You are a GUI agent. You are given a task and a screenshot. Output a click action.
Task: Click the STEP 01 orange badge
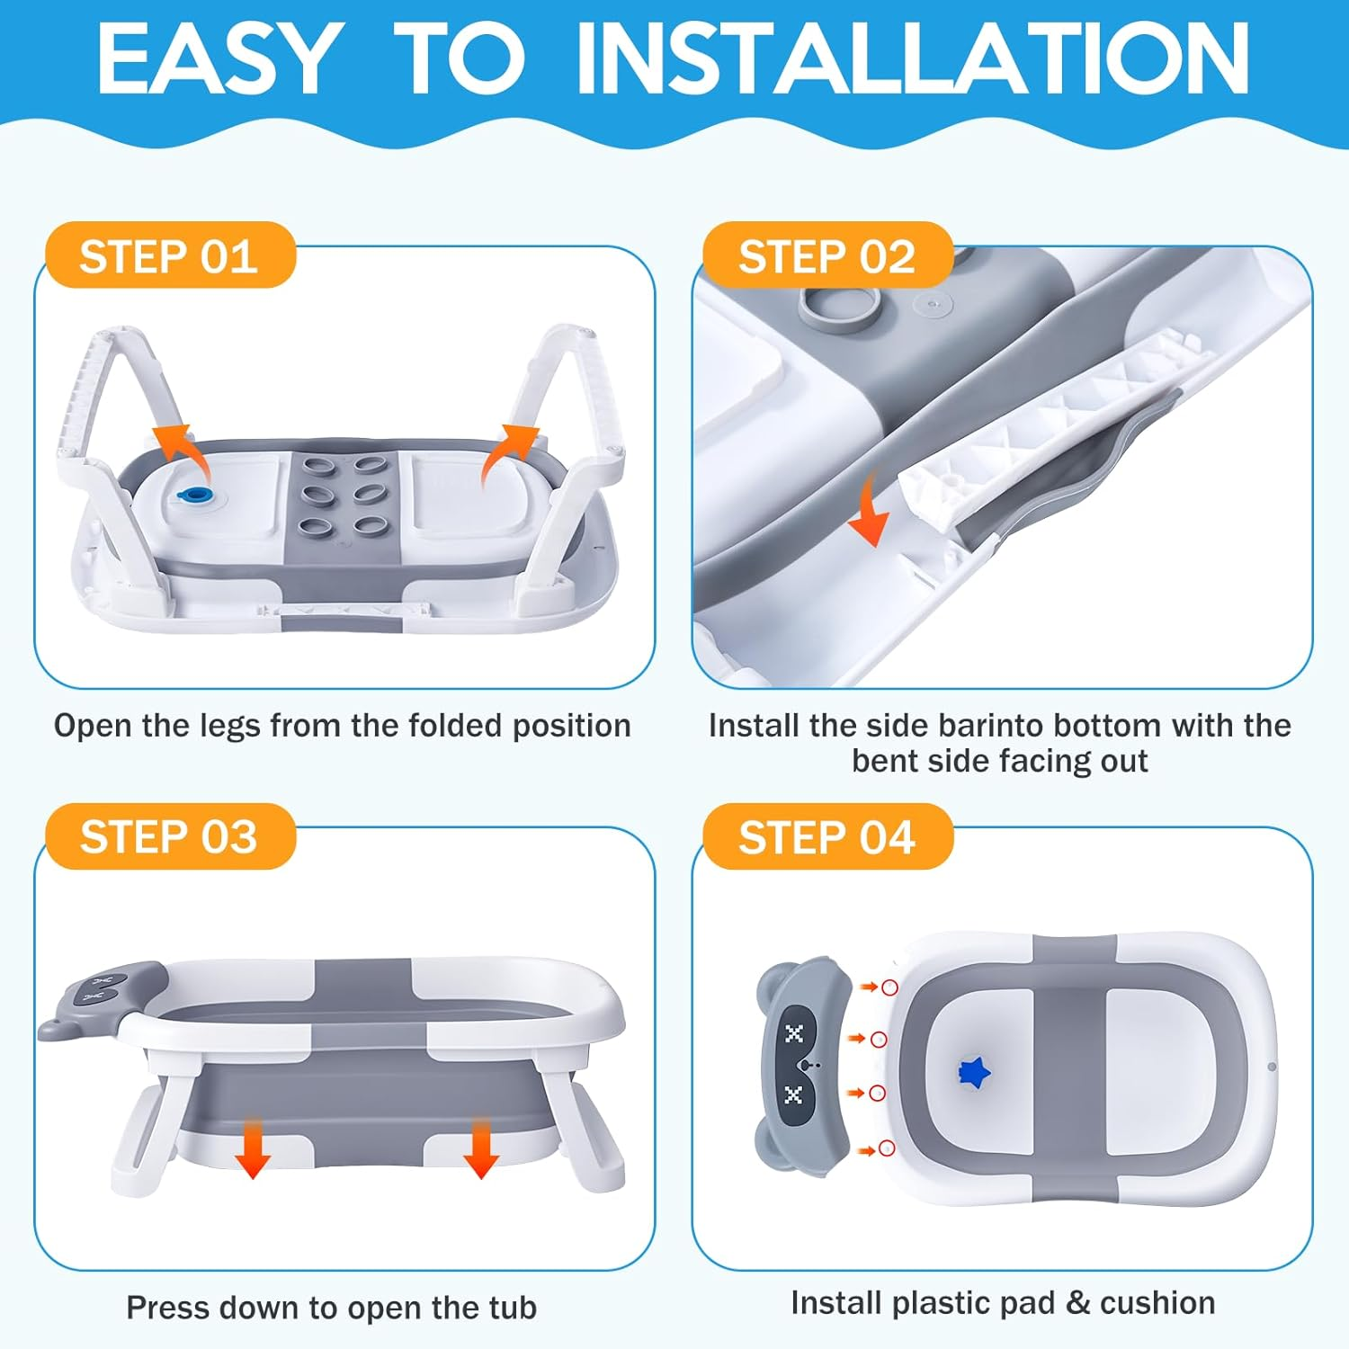tap(170, 255)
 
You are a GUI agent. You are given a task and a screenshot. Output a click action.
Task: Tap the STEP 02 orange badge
tap(827, 255)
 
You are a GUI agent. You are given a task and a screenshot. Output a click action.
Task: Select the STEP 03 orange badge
tap(170, 836)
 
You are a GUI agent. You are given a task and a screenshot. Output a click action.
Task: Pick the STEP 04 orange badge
tap(827, 836)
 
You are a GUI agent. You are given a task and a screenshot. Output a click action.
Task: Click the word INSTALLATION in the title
tap(913, 58)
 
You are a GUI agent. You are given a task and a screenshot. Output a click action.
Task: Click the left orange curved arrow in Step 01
tap(180, 452)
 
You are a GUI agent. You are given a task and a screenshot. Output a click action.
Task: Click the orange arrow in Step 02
tap(870, 509)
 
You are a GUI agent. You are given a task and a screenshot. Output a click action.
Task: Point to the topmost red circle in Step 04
tap(889, 987)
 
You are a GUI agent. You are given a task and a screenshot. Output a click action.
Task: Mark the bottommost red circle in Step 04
tap(887, 1148)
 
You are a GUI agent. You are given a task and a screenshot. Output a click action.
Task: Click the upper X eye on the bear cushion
tap(793, 1033)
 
